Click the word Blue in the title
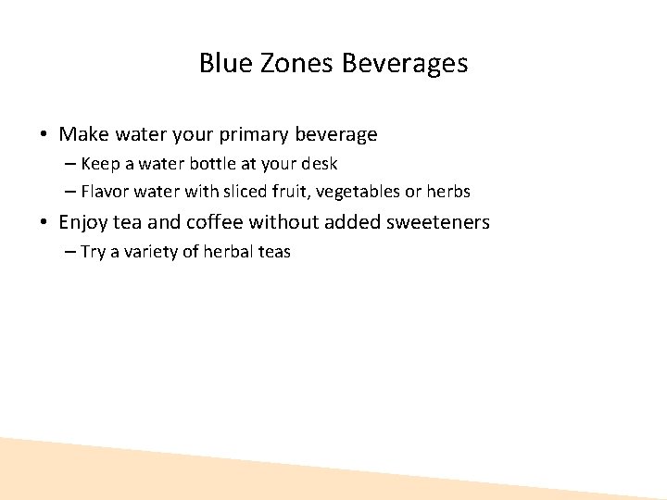pos(220,64)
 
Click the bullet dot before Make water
pos(44,135)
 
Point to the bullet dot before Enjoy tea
pos(44,222)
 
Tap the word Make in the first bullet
pos(81,134)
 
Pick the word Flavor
pos(106,192)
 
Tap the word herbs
pos(448,192)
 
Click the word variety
pos(150,252)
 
